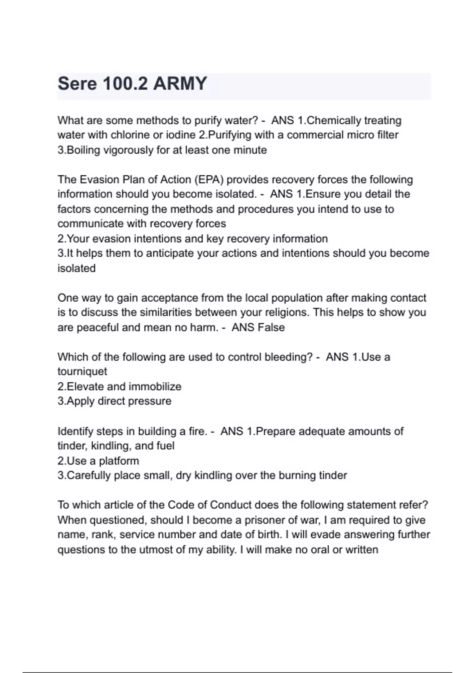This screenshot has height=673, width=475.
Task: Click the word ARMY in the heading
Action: click(180, 84)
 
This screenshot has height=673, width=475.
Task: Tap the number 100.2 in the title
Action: click(125, 84)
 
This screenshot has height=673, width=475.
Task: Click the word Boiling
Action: click(84, 150)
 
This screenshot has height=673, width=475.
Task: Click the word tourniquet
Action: click(82, 372)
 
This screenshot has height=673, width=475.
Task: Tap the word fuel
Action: click(165, 446)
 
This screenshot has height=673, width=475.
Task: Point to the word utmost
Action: click(155, 550)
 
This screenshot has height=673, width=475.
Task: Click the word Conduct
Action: click(231, 505)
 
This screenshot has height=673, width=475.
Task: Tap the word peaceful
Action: click(97, 327)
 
